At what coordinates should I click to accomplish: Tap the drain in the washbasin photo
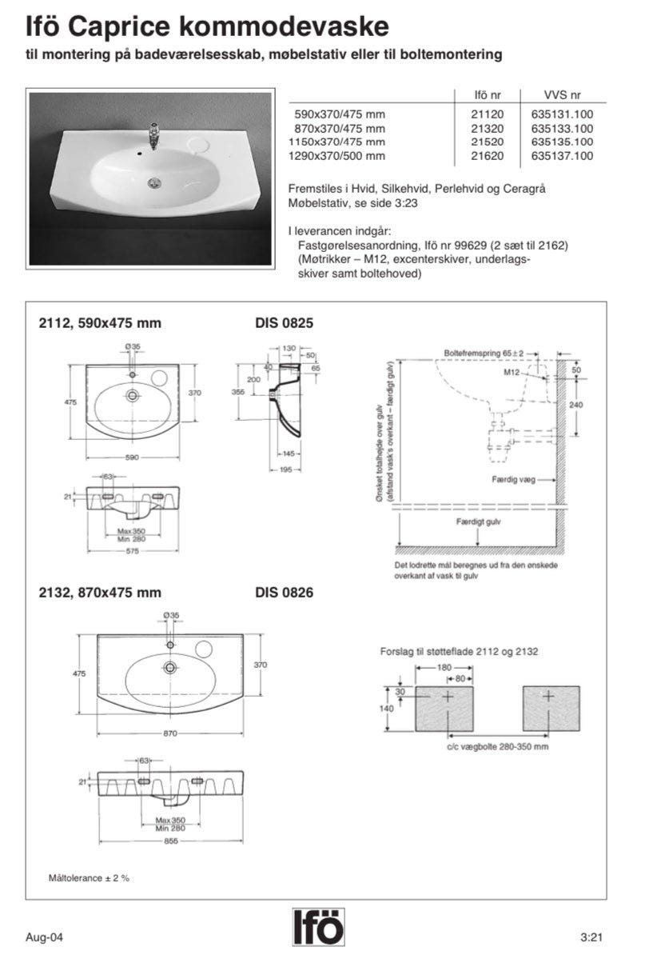(155, 183)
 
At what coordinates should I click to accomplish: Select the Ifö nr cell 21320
(488, 128)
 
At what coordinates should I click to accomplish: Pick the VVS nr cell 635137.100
(562, 156)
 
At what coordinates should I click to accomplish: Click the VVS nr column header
(562, 94)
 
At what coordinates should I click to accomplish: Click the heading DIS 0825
(284, 324)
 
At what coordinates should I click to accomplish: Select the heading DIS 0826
(284, 593)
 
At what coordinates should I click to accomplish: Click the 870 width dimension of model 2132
(169, 733)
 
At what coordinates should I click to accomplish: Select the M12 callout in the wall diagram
(514, 374)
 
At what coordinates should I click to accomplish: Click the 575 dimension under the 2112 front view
(132, 550)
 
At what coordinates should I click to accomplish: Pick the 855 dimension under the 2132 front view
(169, 842)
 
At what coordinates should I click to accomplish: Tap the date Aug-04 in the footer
(40, 937)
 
